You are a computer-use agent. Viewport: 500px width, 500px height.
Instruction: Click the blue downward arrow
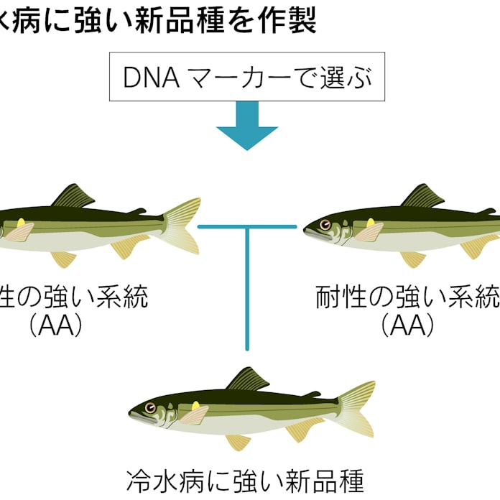pyautogui.click(x=246, y=127)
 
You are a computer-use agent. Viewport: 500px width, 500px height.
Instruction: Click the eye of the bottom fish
pyautogui.click(x=149, y=407)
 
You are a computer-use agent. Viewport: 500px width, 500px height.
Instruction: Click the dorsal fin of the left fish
pyautogui.click(x=75, y=196)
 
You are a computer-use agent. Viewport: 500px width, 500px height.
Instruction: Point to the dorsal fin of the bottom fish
pyautogui.click(x=249, y=379)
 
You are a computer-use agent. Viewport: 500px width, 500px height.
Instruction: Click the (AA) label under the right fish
pyautogui.click(x=408, y=325)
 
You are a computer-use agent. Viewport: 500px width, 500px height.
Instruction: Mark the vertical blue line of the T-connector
pyautogui.click(x=247, y=287)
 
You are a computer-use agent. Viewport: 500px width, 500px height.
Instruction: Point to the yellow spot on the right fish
pyautogui.click(x=371, y=223)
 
